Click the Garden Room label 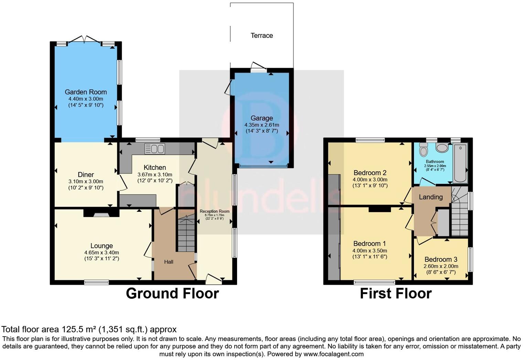pos(86,92)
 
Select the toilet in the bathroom pos(423,150)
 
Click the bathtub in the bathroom pos(460,163)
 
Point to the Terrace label pos(261,35)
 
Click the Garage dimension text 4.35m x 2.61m pos(261,125)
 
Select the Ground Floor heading pos(172,293)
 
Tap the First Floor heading pos(396,293)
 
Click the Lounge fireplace pos(101,214)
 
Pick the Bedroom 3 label pos(441,259)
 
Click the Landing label pos(430,197)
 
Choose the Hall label pos(169,262)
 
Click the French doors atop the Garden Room pos(84,40)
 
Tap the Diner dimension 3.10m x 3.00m pos(86,182)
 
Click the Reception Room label pos(214,211)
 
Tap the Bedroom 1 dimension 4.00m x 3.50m pos(370,251)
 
